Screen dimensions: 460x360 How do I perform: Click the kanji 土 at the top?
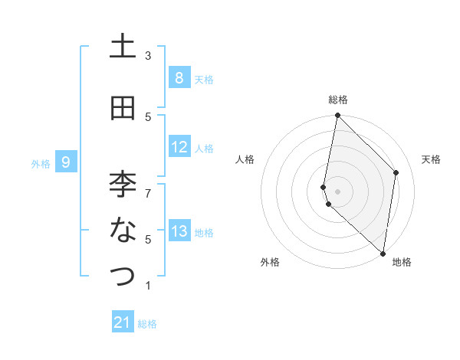click(x=123, y=47)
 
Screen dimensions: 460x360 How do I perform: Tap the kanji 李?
click(x=123, y=184)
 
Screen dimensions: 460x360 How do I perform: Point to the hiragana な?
click(x=123, y=229)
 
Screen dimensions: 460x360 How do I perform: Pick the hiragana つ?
click(x=123, y=275)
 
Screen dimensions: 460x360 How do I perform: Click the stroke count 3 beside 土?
click(x=148, y=56)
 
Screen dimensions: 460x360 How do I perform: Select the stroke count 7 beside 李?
click(x=148, y=185)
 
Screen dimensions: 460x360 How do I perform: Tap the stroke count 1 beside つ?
click(x=148, y=286)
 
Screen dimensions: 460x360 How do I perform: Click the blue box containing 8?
click(x=179, y=77)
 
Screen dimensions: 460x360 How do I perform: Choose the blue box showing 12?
click(x=179, y=147)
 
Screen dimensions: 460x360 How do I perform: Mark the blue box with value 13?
click(x=179, y=231)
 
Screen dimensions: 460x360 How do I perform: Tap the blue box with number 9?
click(x=67, y=162)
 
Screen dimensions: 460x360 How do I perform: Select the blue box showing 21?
click(x=123, y=322)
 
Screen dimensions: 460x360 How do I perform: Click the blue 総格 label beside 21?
click(x=147, y=324)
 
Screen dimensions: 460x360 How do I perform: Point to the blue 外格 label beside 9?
click(x=41, y=163)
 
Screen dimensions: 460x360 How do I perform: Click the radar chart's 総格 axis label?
click(x=337, y=100)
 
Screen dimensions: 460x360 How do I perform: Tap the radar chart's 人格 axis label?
click(x=245, y=159)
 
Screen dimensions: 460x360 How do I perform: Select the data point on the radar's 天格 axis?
click(x=396, y=172)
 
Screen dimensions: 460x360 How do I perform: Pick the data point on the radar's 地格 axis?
click(x=383, y=253)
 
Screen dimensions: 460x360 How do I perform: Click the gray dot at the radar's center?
click(x=337, y=191)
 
